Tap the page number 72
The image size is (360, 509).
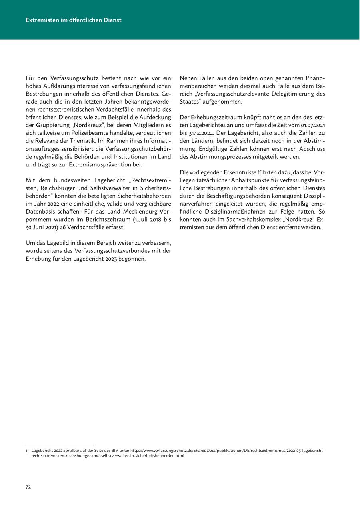(28, 487)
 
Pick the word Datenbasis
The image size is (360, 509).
(40, 212)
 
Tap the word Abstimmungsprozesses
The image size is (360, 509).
(224, 157)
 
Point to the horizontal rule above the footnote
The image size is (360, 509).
(60, 445)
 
